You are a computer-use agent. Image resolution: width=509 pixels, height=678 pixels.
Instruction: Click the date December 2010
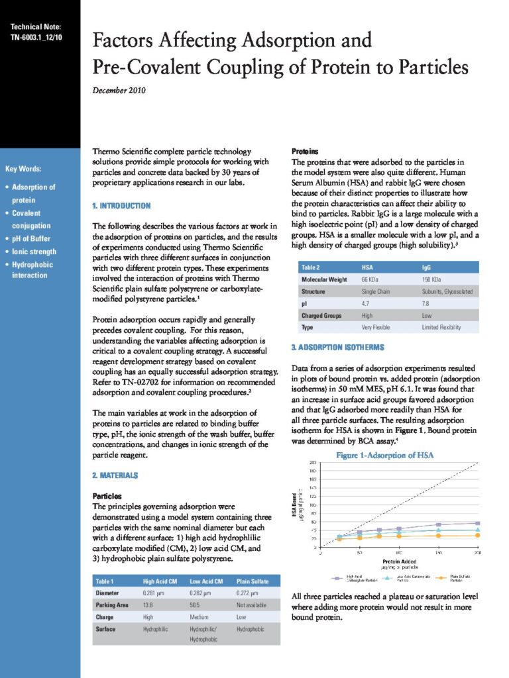[119, 89]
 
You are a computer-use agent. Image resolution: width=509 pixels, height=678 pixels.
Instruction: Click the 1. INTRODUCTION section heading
[121, 206]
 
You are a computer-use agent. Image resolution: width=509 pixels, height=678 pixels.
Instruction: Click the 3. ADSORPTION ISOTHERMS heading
[337, 347]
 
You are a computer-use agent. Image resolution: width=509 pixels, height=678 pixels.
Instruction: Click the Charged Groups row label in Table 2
[321, 315]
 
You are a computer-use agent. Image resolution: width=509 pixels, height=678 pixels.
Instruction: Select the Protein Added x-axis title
[399, 561]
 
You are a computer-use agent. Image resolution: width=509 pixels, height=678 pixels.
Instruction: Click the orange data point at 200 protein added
[477, 535]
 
